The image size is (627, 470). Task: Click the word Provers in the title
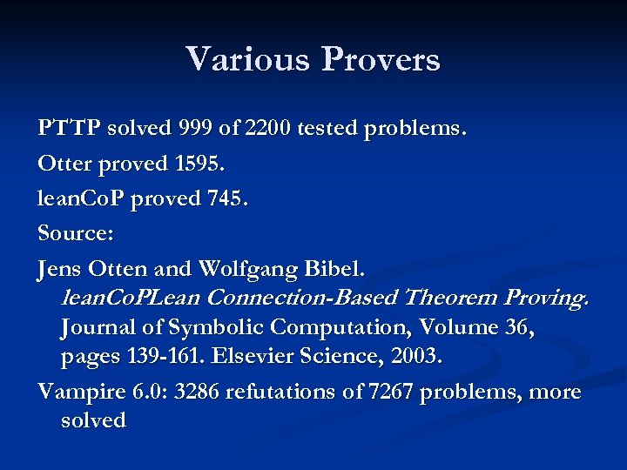(381, 59)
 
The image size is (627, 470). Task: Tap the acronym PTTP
(70, 129)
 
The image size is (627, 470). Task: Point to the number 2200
(267, 129)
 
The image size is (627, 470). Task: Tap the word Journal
(98, 327)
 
